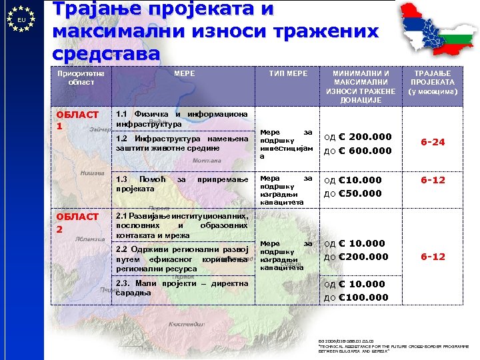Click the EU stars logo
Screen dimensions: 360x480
point(22,19)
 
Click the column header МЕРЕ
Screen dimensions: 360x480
point(185,73)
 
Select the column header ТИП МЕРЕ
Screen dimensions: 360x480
point(287,73)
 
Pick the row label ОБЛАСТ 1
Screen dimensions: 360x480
point(77,120)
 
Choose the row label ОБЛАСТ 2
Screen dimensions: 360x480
point(77,222)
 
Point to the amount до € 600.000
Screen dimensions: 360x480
point(357,151)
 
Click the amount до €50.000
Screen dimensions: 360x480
point(353,194)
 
